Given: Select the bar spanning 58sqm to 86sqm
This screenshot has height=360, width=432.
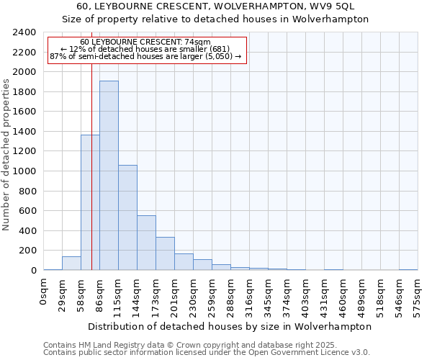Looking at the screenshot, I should click(x=90, y=202).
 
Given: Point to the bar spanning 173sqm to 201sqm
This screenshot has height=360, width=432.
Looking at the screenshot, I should click(x=165, y=253).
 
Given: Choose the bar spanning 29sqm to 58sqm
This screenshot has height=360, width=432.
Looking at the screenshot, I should click(x=71, y=264).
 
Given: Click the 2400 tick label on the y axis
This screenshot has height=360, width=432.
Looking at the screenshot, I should click(x=24, y=32).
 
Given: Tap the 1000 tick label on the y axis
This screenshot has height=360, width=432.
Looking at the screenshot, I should click(x=24, y=171).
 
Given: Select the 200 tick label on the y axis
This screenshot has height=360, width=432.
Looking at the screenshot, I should click(x=27, y=251).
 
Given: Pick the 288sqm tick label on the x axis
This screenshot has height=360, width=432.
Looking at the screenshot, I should click(x=230, y=295).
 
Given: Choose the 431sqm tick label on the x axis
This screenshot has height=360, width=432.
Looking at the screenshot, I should click(x=324, y=295).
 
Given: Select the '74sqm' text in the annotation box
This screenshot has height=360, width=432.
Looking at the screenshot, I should click(x=195, y=42).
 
